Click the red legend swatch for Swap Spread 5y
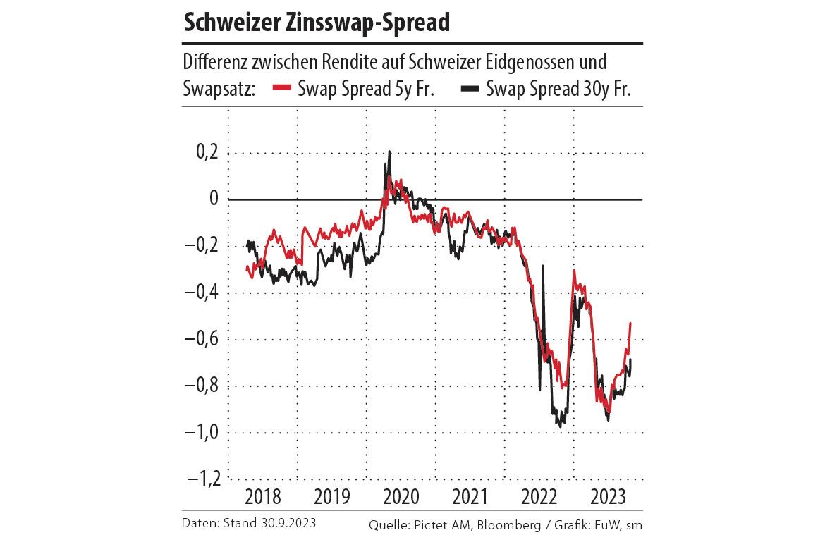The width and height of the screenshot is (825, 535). point(283,90)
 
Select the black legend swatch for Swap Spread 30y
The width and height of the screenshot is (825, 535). point(470,90)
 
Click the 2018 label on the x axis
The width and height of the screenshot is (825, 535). point(263,498)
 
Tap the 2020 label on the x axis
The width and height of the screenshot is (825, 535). point(401,498)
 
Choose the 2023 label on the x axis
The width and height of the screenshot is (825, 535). point(609,498)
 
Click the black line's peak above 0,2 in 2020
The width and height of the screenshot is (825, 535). point(389,151)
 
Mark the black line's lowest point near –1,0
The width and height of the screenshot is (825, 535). point(560,426)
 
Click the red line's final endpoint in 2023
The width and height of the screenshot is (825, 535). point(630,323)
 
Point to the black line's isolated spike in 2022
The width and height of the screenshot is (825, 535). point(543,266)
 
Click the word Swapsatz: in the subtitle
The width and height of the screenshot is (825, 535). point(218,90)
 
